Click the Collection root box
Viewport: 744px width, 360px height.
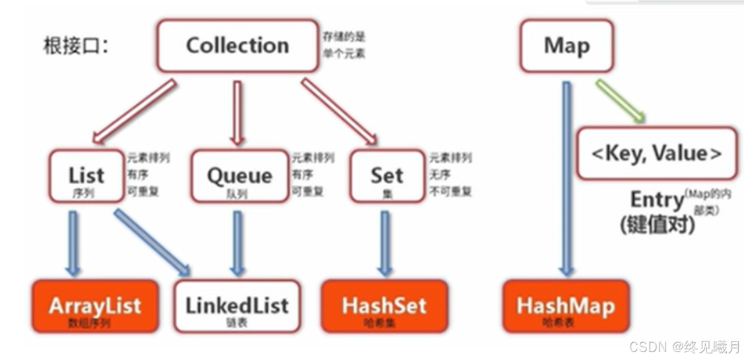pos(237,45)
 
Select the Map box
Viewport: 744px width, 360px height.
pos(566,45)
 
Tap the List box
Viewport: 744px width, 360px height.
pos(86,176)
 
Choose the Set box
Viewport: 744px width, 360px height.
pos(387,175)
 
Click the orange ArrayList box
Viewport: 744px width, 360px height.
pos(94,306)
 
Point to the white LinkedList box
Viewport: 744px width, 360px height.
pos(237,306)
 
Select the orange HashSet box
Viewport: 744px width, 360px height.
pos(384,306)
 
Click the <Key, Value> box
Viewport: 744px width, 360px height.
pos(656,153)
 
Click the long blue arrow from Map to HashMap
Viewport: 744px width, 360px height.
pos(566,178)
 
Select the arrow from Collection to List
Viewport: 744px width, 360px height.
pos(135,111)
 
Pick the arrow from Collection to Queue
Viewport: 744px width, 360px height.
pos(237,112)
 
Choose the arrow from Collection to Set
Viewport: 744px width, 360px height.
pos(339,111)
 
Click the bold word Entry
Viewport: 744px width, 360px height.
pos(656,200)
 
